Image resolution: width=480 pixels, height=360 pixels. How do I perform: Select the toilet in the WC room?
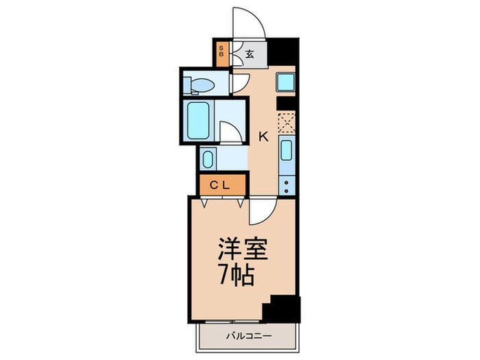click(x=202, y=85)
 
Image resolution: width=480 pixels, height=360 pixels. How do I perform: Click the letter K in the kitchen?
click(x=262, y=136)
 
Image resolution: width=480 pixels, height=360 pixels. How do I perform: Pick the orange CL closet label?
click(x=219, y=184)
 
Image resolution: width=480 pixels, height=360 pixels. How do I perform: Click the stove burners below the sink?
click(x=287, y=180)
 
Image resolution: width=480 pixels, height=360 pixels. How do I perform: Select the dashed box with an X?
click(x=286, y=122)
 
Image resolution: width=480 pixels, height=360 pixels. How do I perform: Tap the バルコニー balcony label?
click(x=248, y=337)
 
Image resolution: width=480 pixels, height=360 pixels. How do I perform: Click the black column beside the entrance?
click(x=283, y=51)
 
